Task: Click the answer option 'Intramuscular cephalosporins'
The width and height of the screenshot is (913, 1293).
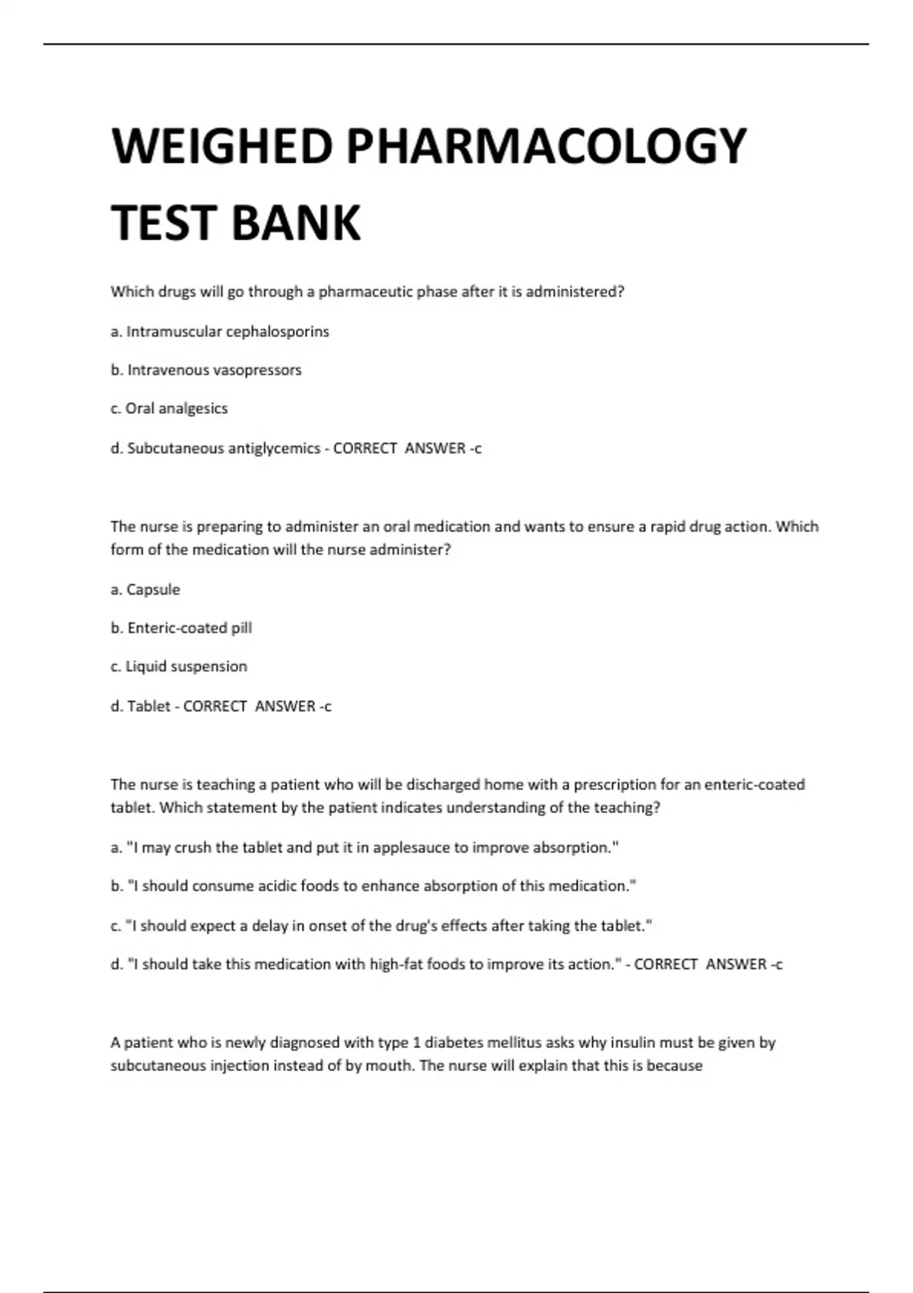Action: (x=227, y=332)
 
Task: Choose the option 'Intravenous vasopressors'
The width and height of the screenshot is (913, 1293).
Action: (x=214, y=370)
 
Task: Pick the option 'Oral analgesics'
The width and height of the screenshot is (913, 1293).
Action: (x=177, y=408)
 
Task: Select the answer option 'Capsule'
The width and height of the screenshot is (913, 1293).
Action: (x=153, y=589)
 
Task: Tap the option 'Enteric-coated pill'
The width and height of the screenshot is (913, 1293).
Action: (x=189, y=628)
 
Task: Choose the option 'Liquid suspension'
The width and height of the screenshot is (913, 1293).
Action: (x=186, y=666)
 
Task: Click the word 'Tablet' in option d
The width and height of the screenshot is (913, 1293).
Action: (x=148, y=707)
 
